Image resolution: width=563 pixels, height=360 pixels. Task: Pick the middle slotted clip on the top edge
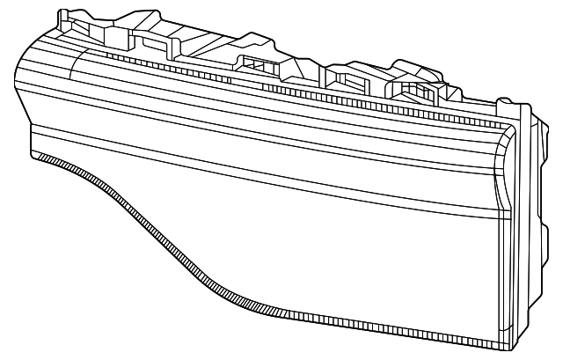click(345, 80)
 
